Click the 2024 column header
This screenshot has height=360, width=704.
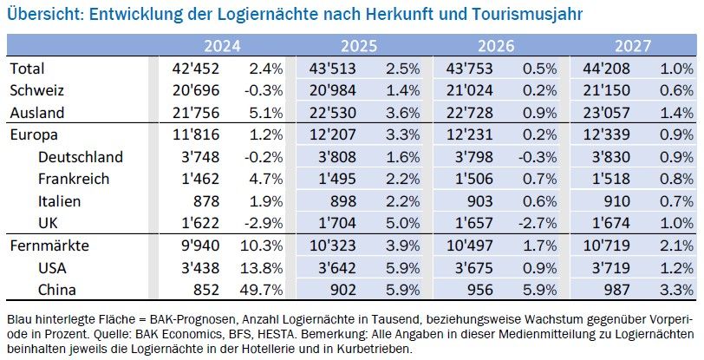click(x=223, y=47)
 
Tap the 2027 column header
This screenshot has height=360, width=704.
click(x=634, y=47)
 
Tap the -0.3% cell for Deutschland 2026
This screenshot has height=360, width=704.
click(x=537, y=158)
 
